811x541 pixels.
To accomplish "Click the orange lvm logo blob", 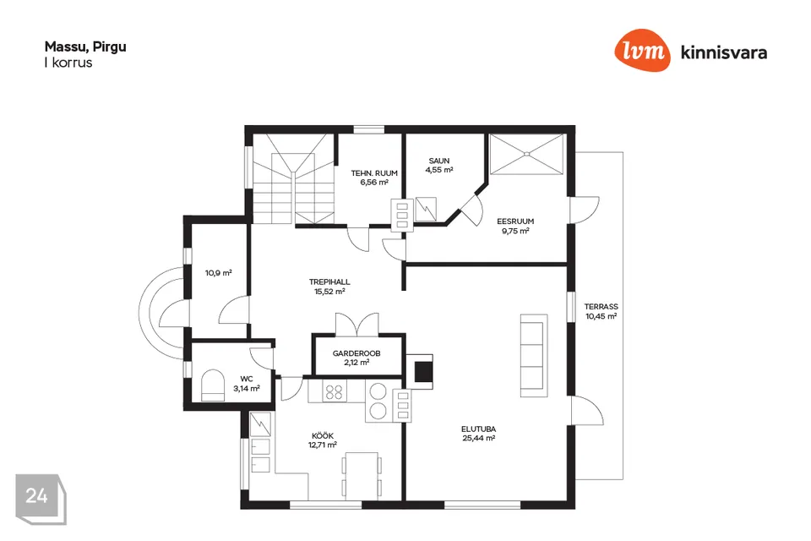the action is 642,50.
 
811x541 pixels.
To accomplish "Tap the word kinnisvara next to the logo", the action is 724,52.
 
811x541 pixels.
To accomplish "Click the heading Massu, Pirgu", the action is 85,47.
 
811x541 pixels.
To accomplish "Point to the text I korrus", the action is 68,63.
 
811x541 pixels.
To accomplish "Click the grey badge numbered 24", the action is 41,499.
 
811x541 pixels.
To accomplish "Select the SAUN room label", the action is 439,161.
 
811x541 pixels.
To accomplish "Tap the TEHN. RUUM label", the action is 374,173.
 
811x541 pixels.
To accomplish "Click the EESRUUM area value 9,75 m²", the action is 515,231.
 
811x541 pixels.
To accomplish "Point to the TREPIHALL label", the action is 329,282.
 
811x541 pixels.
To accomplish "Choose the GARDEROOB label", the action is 357,353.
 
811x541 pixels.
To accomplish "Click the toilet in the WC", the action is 213,385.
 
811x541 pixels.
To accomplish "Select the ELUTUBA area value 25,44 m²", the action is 478,438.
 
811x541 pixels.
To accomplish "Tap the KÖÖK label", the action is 323,436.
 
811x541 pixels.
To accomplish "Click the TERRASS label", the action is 601,307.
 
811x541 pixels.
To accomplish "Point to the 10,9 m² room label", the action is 218,273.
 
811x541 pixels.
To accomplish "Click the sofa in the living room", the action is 534,355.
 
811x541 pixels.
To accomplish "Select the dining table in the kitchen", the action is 362,476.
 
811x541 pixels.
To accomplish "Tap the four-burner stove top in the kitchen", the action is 335,391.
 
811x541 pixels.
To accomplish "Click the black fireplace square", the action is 424,371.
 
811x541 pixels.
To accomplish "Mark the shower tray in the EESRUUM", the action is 526,155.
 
